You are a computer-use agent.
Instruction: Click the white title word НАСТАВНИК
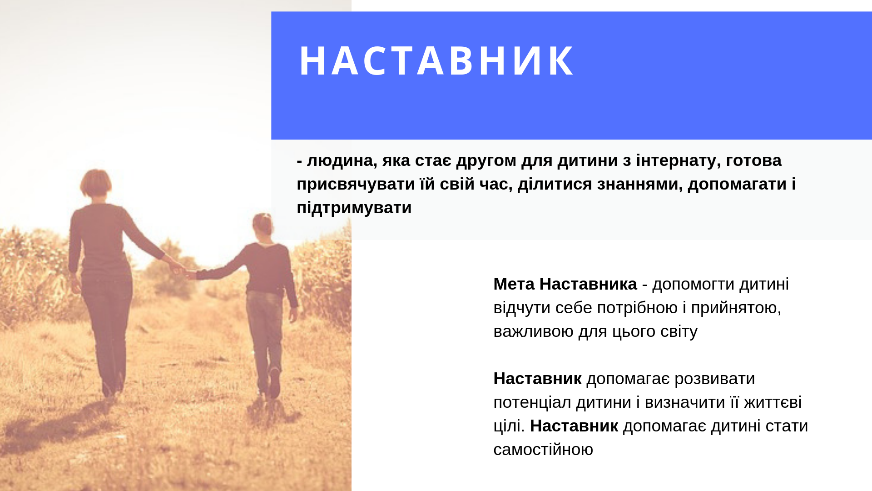tap(436, 61)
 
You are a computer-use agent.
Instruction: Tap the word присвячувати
tap(356, 185)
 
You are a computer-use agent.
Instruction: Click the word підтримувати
tap(354, 208)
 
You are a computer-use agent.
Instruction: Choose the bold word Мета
tap(514, 284)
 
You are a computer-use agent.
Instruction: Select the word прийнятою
tap(736, 308)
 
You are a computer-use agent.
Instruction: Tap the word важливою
tap(534, 331)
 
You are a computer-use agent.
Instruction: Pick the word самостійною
tap(543, 450)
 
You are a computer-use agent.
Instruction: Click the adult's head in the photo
tap(96, 183)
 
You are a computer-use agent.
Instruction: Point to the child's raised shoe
tap(274, 382)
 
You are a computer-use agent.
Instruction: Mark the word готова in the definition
tap(754, 161)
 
